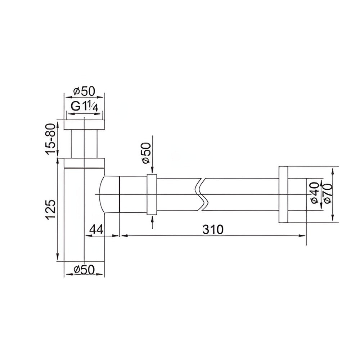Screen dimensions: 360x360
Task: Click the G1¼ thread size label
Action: coord(84,106)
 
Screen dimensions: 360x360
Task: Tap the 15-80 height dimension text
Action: coord(51,139)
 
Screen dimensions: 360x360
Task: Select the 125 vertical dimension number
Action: coord(50,210)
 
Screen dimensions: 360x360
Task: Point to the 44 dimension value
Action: coord(96,229)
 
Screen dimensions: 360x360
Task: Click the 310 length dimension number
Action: coord(213,229)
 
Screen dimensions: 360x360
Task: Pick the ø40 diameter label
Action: coord(315,193)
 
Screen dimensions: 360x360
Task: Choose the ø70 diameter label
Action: coord(327,193)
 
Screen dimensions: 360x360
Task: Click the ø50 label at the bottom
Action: coord(84,269)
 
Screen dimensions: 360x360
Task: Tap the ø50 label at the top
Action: coord(84,91)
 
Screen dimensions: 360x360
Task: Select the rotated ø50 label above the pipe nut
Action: coord(146,153)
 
